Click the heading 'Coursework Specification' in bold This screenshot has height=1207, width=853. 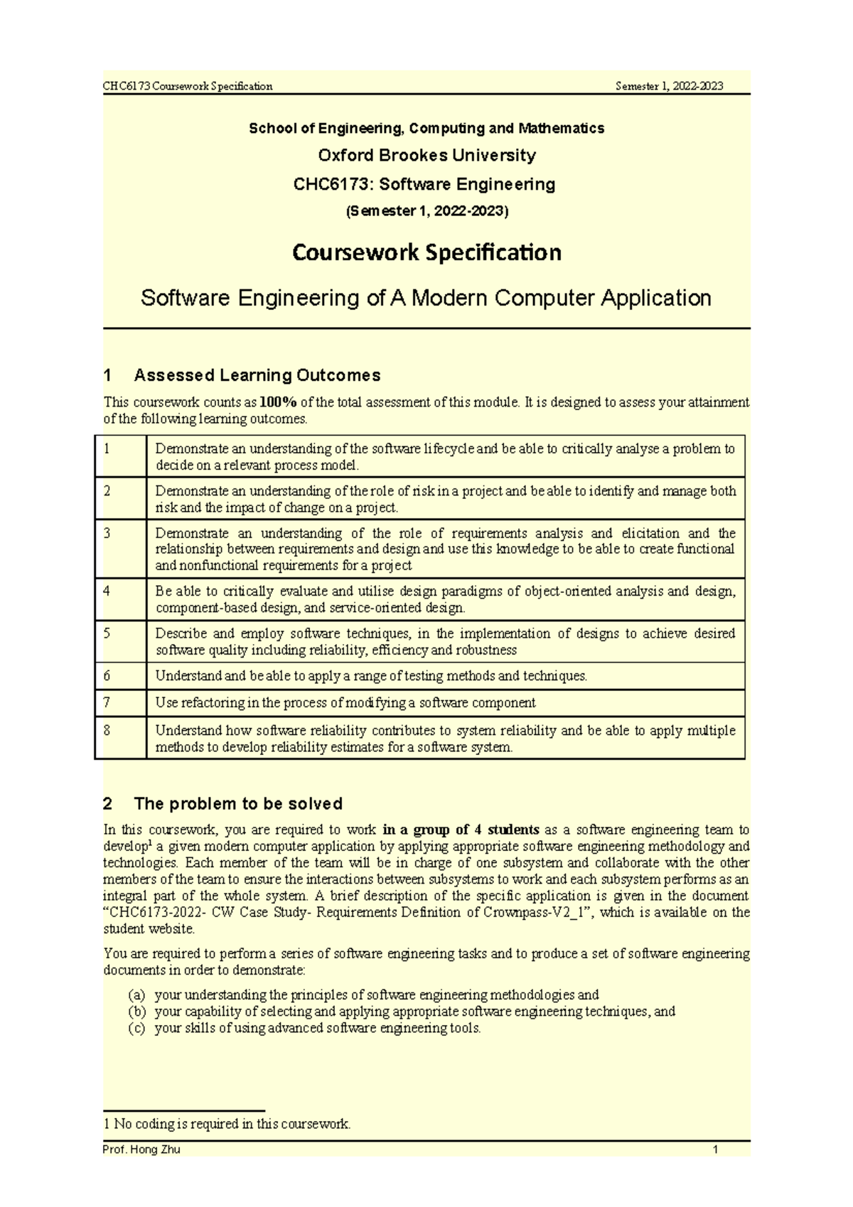click(426, 252)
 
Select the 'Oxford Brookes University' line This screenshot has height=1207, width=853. click(426, 155)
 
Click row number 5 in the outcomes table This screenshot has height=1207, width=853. click(107, 633)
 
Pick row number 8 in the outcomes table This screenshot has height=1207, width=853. click(107, 730)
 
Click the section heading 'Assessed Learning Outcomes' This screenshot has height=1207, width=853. click(257, 375)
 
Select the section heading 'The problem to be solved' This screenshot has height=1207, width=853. click(237, 804)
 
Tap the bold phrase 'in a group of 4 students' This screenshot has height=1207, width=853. click(461, 830)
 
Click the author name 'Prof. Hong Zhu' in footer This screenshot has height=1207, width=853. click(141, 1149)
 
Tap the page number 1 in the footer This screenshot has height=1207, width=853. click(715, 1149)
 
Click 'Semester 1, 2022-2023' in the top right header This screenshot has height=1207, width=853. click(669, 86)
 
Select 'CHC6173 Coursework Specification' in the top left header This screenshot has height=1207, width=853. click(188, 86)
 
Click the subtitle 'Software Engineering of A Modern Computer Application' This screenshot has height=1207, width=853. click(426, 297)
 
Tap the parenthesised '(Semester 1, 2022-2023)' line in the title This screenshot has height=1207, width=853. click(426, 211)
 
